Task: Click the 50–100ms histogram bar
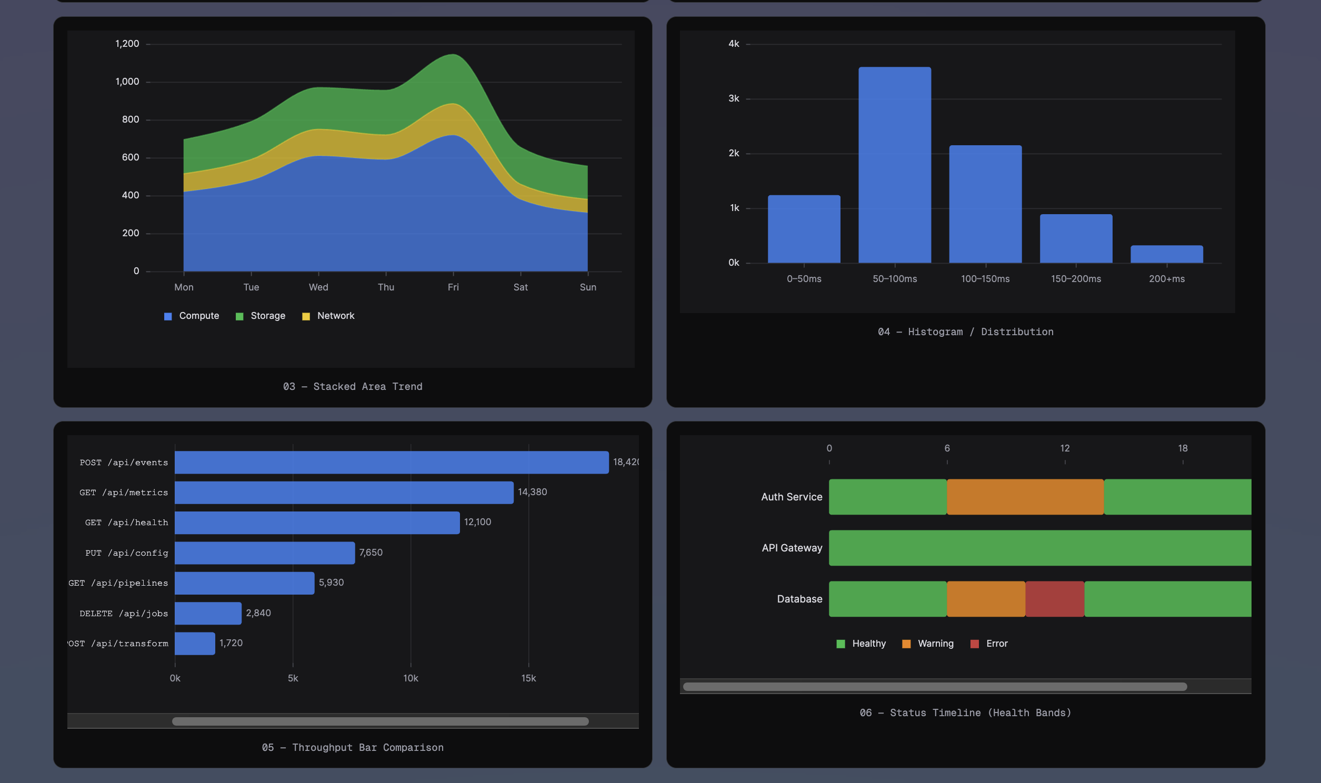[x=894, y=165]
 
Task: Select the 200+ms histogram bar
[x=1166, y=254]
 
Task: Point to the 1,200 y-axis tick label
[x=127, y=44]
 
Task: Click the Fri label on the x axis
[x=453, y=287]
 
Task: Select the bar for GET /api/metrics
[x=344, y=493]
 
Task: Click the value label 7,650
[x=371, y=553]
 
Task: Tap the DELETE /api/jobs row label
[x=124, y=613]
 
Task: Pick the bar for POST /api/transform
[x=195, y=643]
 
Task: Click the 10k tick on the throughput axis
[x=411, y=678]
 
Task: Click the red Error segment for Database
[x=1054, y=599]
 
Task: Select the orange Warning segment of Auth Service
[x=1025, y=497]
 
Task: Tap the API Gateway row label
[x=792, y=548]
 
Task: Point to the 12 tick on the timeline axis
[x=1065, y=448]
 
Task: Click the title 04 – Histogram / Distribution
[x=965, y=332]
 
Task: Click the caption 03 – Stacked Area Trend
[x=353, y=387]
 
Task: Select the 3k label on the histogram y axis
[x=733, y=99]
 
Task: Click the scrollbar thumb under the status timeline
[x=935, y=687]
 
